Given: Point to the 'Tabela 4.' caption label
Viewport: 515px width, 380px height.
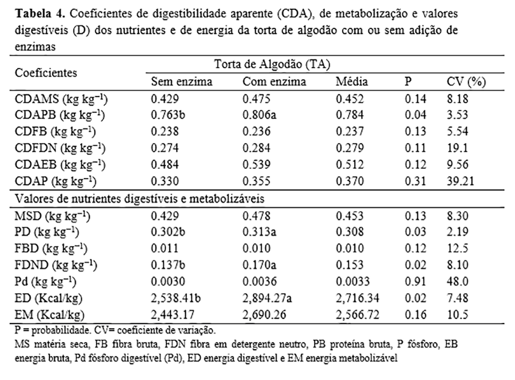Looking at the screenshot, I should pyautogui.click(x=32, y=12).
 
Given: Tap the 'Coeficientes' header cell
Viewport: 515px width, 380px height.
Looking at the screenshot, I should pyautogui.click(x=46, y=72).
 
